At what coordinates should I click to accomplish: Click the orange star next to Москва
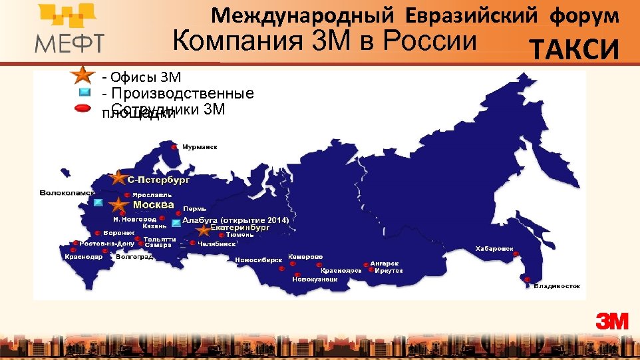pyautogui.click(x=119, y=205)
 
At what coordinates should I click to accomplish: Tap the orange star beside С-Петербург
pyautogui.click(x=118, y=178)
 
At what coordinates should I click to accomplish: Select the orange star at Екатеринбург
pyautogui.click(x=203, y=230)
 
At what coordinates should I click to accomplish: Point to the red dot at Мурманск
pyautogui.click(x=174, y=147)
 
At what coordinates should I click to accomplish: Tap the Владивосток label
pyautogui.click(x=557, y=286)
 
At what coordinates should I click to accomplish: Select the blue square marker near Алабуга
pyautogui.click(x=176, y=222)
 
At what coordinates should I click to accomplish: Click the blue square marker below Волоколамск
pyautogui.click(x=98, y=202)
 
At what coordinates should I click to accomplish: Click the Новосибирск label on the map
pyautogui.click(x=259, y=260)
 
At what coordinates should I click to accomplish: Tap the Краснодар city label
pyautogui.click(x=83, y=256)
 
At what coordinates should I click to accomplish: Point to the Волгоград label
pyautogui.click(x=134, y=256)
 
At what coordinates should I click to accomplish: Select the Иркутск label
pyautogui.click(x=389, y=271)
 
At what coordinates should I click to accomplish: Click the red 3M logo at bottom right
pyautogui.click(x=612, y=321)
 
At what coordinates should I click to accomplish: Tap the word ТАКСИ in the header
pyautogui.click(x=574, y=49)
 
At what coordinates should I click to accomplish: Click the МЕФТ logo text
pyautogui.click(x=69, y=43)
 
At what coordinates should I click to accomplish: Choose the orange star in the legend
pyautogui.click(x=82, y=75)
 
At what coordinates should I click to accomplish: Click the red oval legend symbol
pyautogui.click(x=83, y=108)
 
